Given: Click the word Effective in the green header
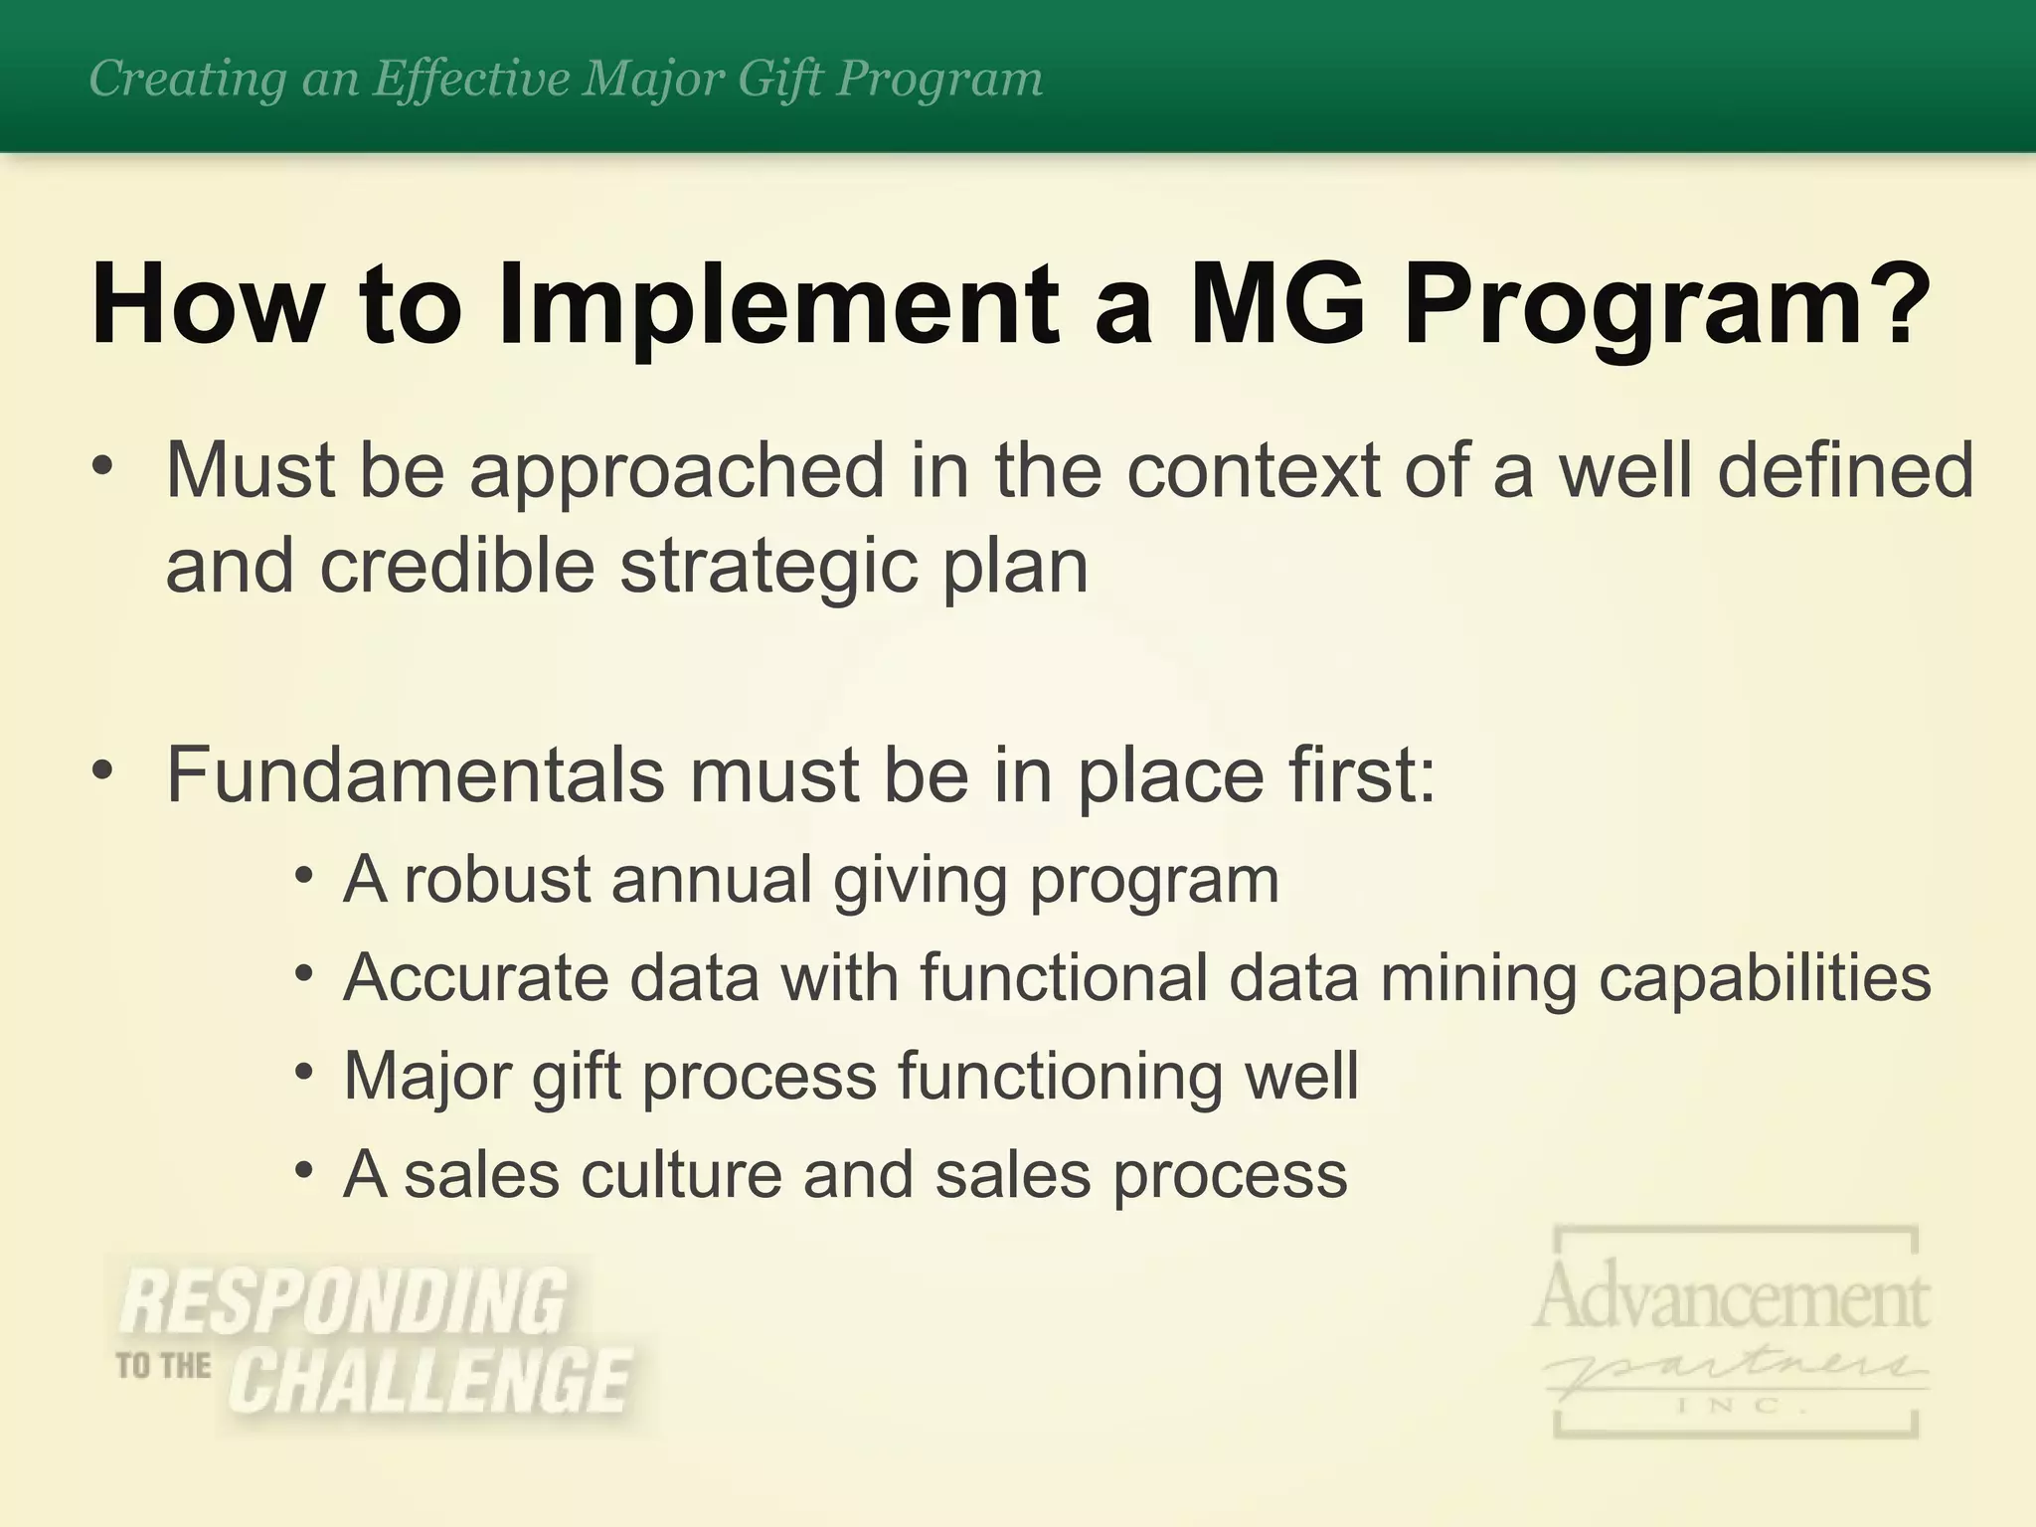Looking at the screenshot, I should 472,78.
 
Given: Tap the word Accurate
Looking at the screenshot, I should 475,977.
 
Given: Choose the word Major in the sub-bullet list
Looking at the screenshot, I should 426,1077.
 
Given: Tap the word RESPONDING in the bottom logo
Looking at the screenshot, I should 343,1301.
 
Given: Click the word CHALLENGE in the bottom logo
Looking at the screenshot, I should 429,1381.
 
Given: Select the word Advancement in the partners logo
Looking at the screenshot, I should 1731,1297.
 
